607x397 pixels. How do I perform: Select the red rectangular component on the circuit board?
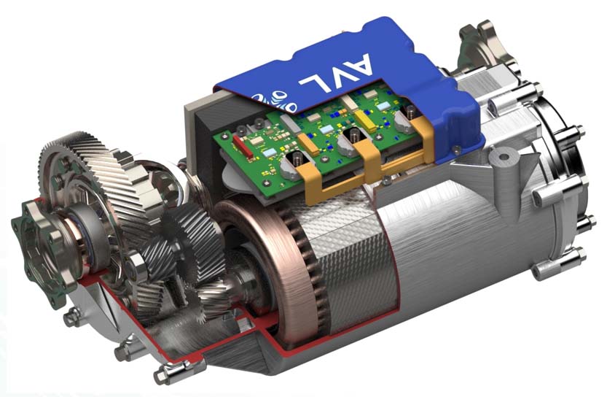243,147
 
